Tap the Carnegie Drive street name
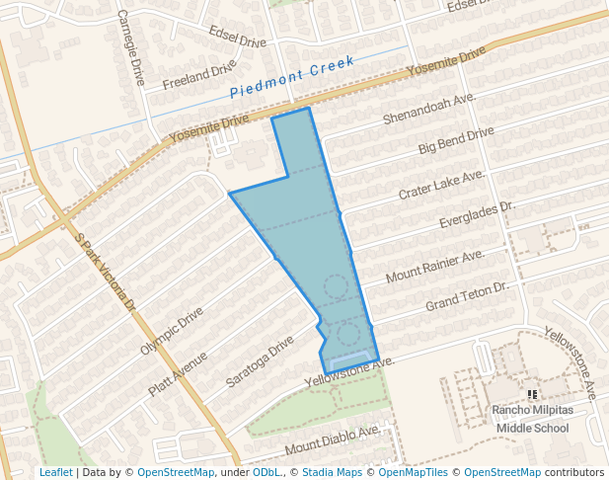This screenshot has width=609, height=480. (131, 47)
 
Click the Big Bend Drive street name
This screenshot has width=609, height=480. (455, 140)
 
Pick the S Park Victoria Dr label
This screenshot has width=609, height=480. (105, 273)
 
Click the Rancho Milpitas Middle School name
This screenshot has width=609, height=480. (532, 420)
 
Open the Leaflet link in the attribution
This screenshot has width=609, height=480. (56, 472)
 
